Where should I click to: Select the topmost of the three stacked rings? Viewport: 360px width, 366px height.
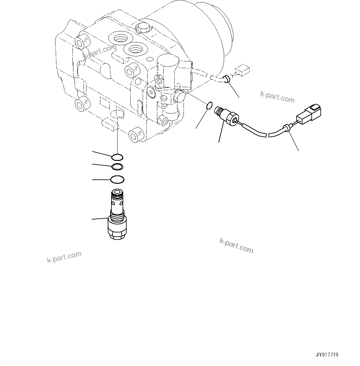pos(118,157)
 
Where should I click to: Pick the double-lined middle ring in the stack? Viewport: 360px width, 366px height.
pos(117,167)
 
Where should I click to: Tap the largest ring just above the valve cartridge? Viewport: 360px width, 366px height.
pos(118,179)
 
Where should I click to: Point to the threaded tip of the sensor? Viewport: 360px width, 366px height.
pos(219,110)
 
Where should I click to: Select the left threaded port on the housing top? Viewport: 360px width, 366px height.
pos(120,38)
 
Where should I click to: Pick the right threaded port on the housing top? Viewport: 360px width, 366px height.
pos(135,49)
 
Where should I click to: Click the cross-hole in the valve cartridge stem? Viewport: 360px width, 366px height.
pos(117,203)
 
